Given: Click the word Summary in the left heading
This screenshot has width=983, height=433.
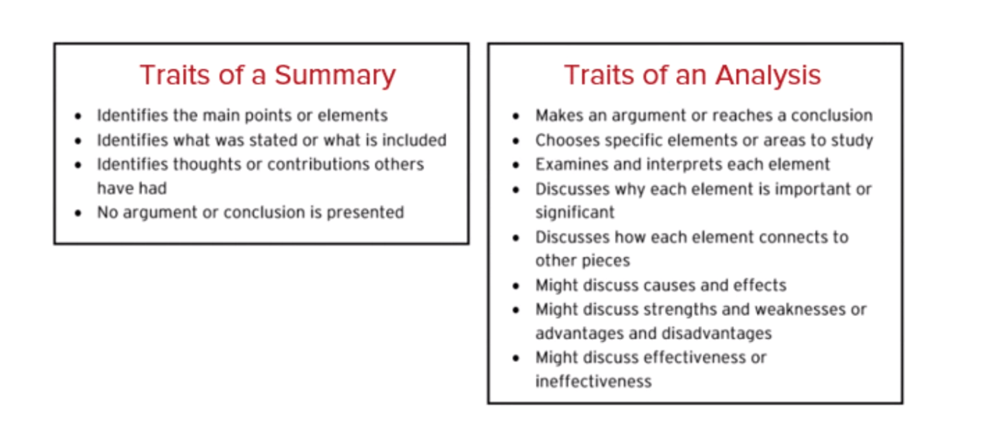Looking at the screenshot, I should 335,75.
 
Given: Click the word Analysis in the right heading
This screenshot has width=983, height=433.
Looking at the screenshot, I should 767,75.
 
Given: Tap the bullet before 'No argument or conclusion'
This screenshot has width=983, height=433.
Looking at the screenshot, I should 78,213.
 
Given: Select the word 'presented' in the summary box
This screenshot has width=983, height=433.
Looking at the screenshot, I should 365,213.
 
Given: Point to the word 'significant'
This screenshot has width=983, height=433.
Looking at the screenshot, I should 574,213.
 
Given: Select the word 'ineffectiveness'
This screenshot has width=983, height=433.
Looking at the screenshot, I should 593,382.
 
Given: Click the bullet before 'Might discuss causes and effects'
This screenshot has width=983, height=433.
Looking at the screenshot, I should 516,286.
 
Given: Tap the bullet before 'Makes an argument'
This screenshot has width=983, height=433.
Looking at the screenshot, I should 516,116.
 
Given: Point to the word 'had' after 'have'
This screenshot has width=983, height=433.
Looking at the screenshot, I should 153,189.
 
